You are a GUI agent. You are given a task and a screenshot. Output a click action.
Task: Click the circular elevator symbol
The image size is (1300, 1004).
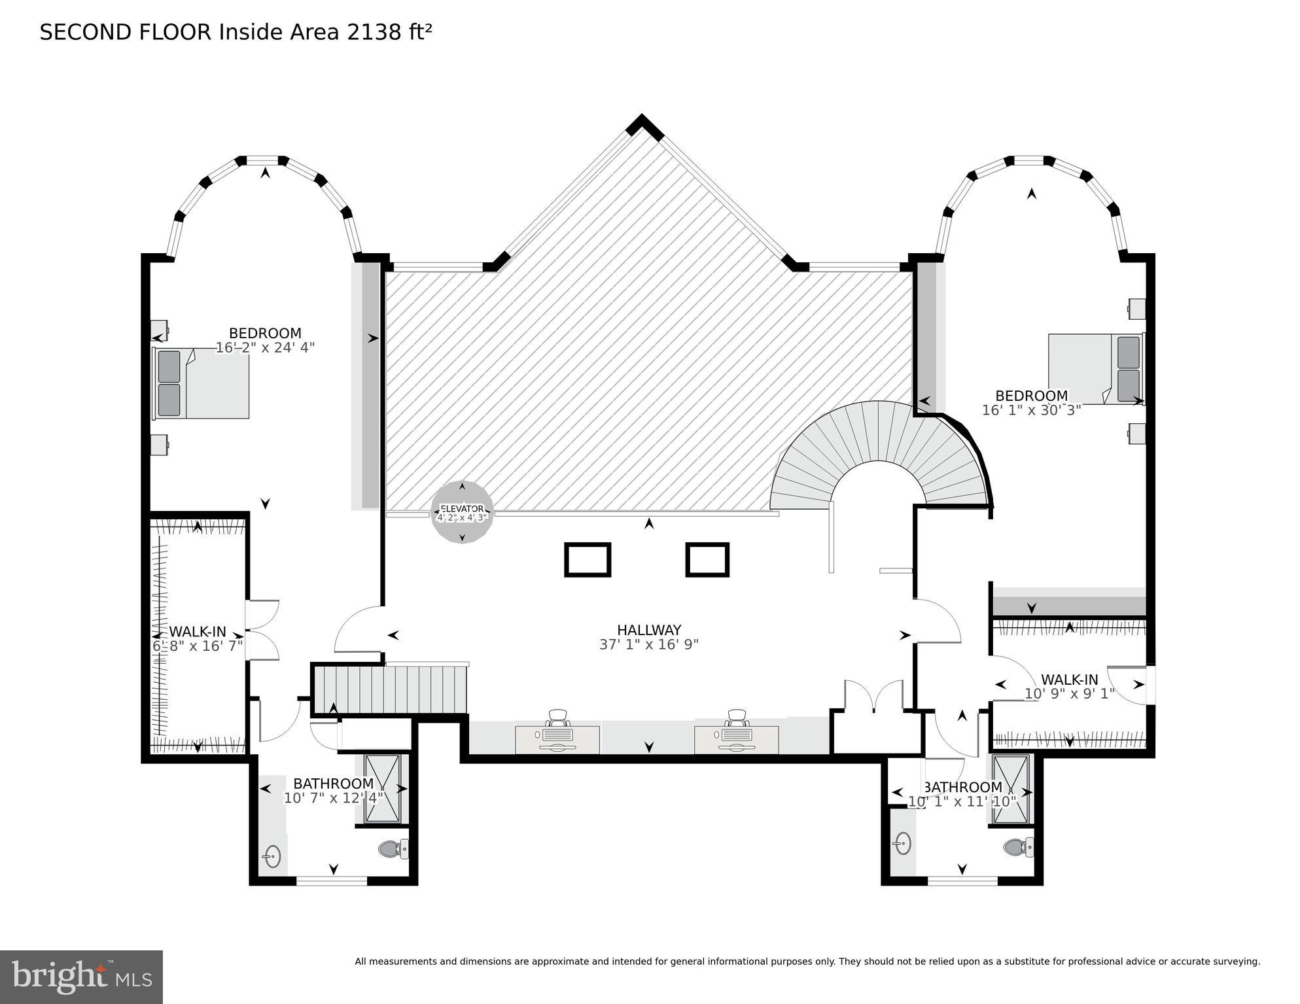[x=462, y=512]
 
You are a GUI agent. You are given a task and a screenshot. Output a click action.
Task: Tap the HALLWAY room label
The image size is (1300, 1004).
[x=649, y=630]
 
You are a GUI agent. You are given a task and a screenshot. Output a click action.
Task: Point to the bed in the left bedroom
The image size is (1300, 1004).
[x=202, y=383]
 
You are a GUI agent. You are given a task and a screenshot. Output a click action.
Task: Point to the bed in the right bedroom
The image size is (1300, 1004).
[x=1096, y=369]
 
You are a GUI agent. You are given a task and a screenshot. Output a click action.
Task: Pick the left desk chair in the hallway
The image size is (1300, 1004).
[x=558, y=718]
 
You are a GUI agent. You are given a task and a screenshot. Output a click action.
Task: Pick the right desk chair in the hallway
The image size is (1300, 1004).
[x=737, y=718]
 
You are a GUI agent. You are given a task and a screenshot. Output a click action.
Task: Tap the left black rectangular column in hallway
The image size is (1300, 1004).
[x=587, y=560]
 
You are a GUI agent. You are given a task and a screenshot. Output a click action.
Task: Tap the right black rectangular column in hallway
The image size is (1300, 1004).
[x=707, y=560]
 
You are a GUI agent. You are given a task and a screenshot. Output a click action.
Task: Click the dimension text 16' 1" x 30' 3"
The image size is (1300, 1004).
[x=1031, y=410]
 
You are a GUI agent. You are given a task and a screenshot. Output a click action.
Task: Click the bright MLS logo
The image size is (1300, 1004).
[x=81, y=977]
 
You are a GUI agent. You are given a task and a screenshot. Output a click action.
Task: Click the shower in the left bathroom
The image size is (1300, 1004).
[x=382, y=788]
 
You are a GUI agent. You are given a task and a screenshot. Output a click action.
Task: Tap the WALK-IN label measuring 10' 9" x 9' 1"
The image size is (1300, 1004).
[x=1069, y=680]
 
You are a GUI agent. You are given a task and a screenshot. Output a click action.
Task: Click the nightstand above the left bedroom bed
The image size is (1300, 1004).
[x=159, y=330]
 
